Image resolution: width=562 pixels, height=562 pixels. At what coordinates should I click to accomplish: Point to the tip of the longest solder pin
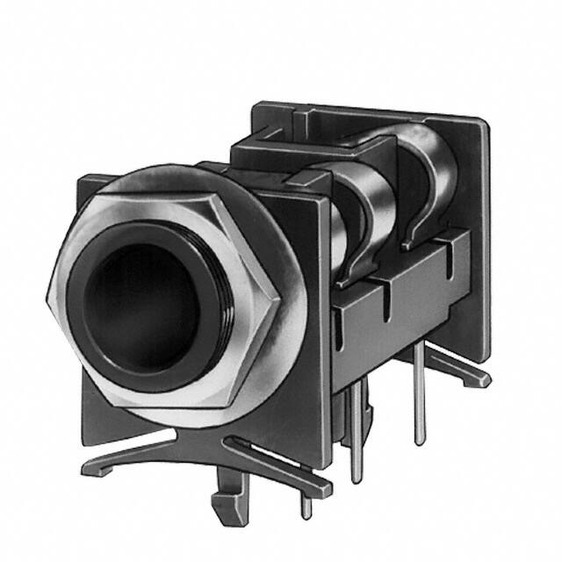(x=356, y=479)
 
